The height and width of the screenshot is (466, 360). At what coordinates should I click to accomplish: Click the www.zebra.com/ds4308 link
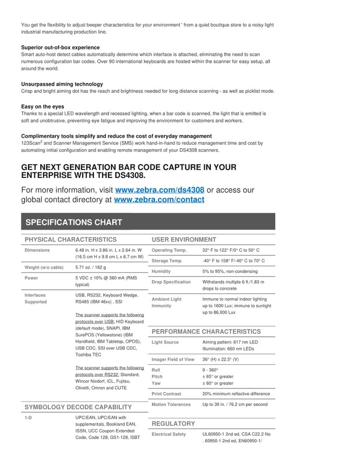tap(159, 190)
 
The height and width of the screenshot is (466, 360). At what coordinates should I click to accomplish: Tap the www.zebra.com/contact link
tap(159, 200)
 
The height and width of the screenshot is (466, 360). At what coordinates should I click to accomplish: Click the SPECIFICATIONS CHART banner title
tap(74, 222)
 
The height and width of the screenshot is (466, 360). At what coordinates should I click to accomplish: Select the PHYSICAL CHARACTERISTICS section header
tap(70, 240)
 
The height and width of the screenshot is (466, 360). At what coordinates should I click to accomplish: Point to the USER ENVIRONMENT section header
tap(184, 240)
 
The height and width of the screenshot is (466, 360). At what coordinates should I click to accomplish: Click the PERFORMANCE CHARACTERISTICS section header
tap(206, 331)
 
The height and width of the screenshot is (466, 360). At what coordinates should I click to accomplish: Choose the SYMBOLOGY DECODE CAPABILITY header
tap(78, 407)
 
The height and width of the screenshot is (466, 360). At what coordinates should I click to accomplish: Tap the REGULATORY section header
tap(173, 424)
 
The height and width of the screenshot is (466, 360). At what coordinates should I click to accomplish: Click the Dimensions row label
tap(37, 250)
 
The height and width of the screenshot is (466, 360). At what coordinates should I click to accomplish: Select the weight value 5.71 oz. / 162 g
tap(90, 267)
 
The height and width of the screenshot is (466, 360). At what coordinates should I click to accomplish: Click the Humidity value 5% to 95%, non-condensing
tap(233, 271)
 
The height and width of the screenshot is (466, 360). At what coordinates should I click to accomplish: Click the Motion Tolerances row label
tap(171, 404)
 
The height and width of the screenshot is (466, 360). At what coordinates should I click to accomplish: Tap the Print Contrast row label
tap(166, 394)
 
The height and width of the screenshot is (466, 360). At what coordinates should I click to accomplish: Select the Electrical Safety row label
tap(169, 434)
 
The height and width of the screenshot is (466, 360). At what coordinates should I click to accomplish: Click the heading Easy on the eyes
tap(42, 107)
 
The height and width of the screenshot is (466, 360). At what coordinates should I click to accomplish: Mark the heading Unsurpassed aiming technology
tap(62, 84)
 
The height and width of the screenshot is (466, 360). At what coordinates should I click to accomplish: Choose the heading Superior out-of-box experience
tap(60, 48)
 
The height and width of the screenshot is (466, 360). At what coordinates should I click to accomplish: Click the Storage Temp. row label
tap(167, 261)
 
